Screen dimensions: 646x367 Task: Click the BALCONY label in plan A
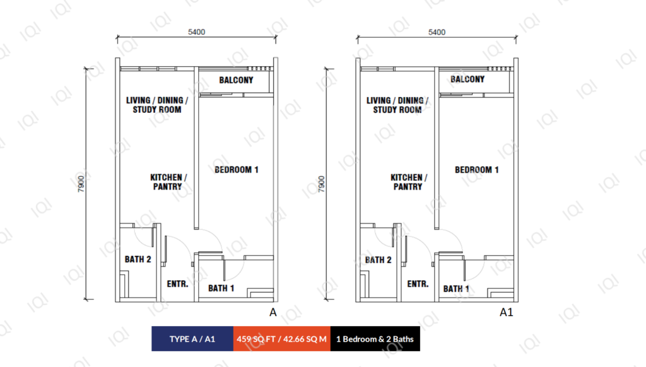236,80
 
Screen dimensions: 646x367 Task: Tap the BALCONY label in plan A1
467,79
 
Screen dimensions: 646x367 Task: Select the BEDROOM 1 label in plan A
236,170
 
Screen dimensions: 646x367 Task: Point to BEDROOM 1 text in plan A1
477,170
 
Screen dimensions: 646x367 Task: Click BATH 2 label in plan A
138,260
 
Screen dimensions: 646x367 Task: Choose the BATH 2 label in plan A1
379,260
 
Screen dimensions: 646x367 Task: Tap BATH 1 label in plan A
221,288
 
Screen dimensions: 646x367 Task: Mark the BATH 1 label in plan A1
456,289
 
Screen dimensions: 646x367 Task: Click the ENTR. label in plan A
177,284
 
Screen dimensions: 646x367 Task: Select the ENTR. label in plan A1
418,284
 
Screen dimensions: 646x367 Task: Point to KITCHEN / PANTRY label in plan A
168,182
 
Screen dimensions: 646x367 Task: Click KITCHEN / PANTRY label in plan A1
409,182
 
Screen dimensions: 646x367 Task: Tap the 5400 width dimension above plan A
197,32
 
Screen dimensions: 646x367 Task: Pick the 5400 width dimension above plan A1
437,32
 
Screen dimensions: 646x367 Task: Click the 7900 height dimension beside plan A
81,183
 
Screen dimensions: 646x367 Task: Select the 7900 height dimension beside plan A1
322,183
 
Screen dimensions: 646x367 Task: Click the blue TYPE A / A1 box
192,339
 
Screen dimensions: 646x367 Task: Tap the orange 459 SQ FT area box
282,339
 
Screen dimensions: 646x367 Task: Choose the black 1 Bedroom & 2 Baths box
375,339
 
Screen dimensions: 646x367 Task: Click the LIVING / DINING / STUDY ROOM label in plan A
157,105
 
